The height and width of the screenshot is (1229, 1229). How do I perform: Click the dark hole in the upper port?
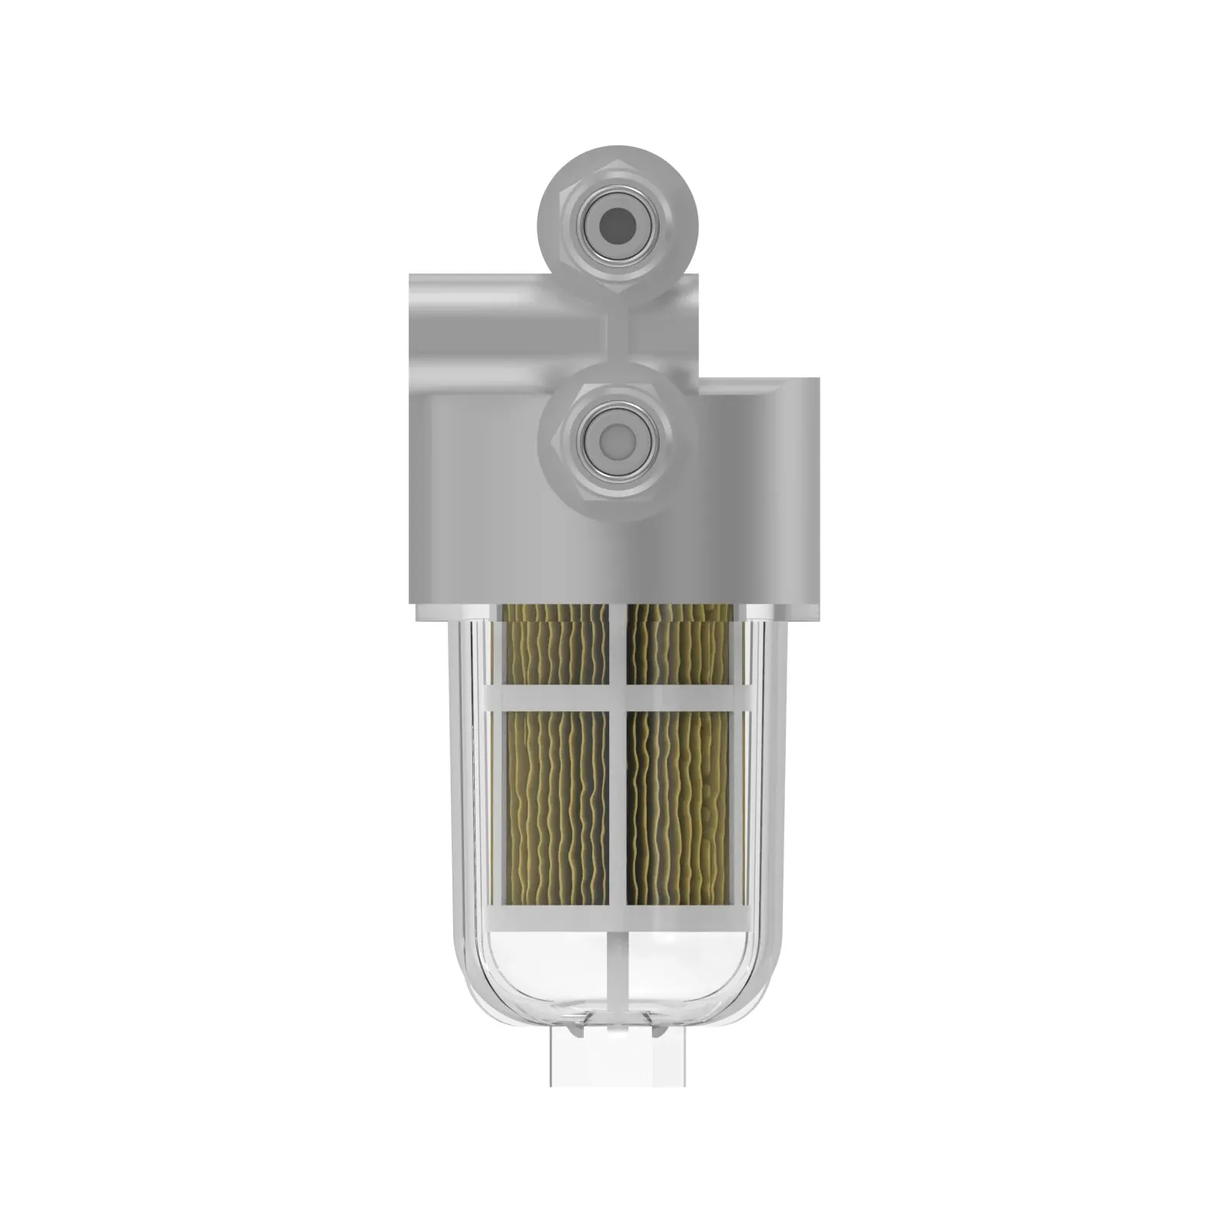618,225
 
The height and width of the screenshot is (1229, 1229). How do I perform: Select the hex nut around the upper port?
560,230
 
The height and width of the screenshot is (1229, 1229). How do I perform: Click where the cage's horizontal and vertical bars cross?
618,697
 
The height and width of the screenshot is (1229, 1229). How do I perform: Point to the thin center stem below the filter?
618,968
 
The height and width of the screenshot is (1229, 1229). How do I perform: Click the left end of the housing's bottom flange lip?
422,611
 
